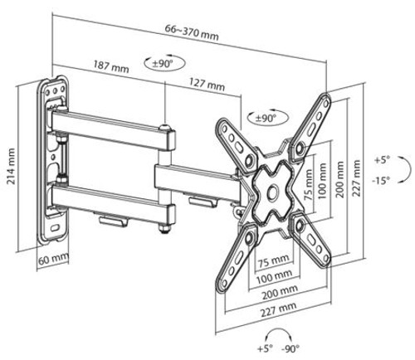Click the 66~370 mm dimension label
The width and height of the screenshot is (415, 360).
click(192, 32)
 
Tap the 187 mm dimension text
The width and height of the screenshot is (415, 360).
click(111, 66)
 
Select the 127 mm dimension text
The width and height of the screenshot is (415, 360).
click(207, 84)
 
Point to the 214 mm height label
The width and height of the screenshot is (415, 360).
click(11, 166)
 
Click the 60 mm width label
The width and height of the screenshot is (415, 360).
click(53, 260)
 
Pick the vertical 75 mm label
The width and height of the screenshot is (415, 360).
click(307, 185)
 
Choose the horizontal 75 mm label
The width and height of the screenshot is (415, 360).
click(274, 260)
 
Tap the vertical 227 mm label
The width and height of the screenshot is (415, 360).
click(356, 178)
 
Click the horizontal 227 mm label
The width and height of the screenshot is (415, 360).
click(278, 309)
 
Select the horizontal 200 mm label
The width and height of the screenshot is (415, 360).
click(280, 292)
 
